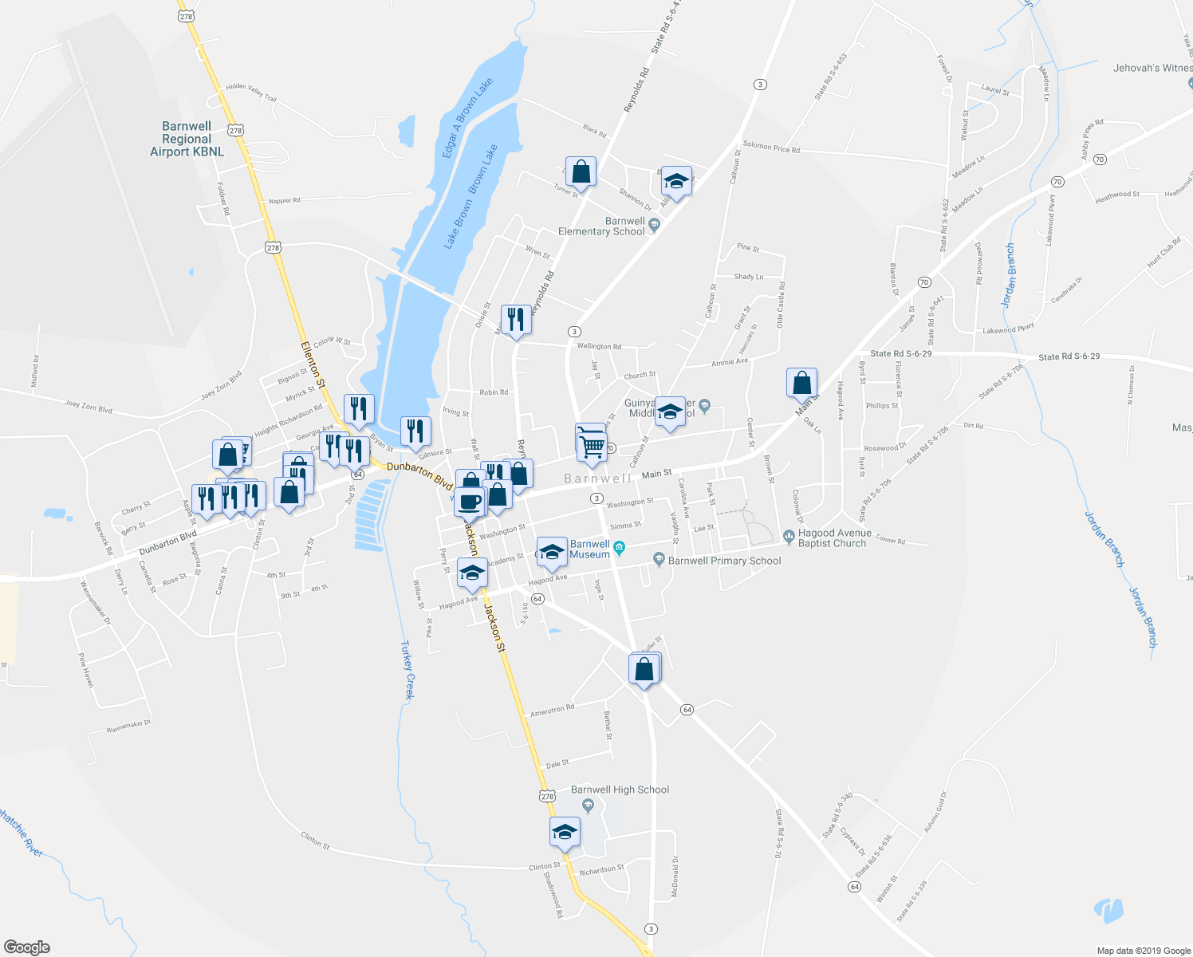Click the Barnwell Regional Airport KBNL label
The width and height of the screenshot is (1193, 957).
(x=187, y=139)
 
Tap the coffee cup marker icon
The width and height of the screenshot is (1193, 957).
(x=470, y=503)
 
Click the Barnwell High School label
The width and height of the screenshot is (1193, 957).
(x=620, y=790)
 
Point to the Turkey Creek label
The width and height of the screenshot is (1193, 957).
(x=408, y=670)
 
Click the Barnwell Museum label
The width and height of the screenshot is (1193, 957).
(x=590, y=549)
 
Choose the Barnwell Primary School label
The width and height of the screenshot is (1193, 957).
(x=724, y=561)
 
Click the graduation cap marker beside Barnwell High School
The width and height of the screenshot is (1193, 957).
(x=565, y=832)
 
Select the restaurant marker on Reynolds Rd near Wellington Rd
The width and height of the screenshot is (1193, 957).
(x=515, y=320)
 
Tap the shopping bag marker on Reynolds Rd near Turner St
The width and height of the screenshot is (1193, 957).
(x=581, y=171)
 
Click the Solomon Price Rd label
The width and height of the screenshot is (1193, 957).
(x=770, y=148)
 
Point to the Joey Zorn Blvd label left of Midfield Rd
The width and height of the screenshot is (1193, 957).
(x=88, y=408)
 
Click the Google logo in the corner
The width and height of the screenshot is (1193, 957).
(x=26, y=947)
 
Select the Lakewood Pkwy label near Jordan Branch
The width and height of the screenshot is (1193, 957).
(x=1008, y=329)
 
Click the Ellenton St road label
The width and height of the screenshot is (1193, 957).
(x=313, y=365)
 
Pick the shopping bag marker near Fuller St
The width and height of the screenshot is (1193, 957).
(x=644, y=669)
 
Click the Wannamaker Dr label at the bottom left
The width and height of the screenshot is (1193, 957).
(x=128, y=726)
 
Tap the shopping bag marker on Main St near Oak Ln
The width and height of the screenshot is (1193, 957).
(x=801, y=383)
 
